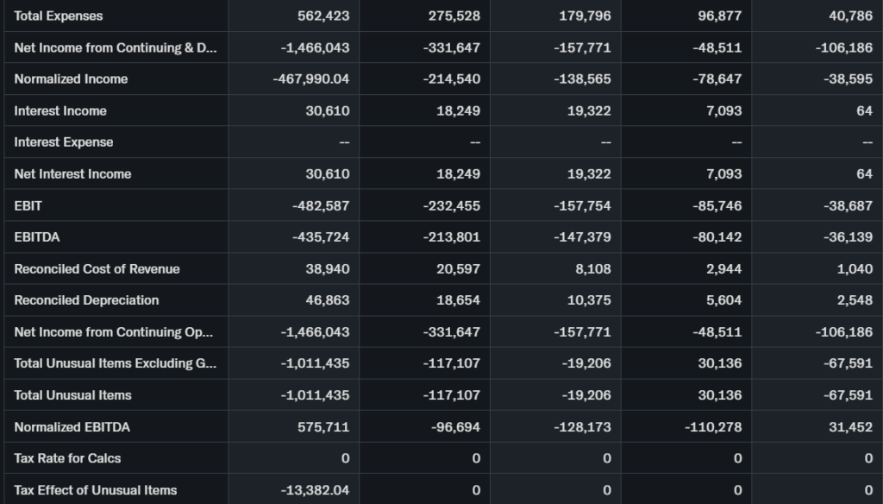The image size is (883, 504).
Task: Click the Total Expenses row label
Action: [59, 16]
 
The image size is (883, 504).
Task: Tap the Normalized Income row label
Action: [71, 79]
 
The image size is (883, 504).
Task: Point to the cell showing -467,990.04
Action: [311, 79]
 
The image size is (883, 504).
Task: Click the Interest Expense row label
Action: [64, 142]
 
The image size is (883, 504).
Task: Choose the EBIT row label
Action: [28, 205]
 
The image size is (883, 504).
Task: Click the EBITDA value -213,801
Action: [452, 236]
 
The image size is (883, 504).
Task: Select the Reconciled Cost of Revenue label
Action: [97, 268]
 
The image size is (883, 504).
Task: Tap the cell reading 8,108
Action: [593, 268]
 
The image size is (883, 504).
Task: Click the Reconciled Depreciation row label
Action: [86, 299]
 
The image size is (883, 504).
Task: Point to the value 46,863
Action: [328, 299]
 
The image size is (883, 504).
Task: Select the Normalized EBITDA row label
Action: [72, 426]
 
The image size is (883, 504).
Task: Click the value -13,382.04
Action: [315, 489]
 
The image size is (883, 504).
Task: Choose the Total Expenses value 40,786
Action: [849, 16]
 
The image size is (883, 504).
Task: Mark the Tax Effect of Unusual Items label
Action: [96, 489]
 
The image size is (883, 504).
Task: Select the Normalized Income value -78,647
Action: [717, 79]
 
